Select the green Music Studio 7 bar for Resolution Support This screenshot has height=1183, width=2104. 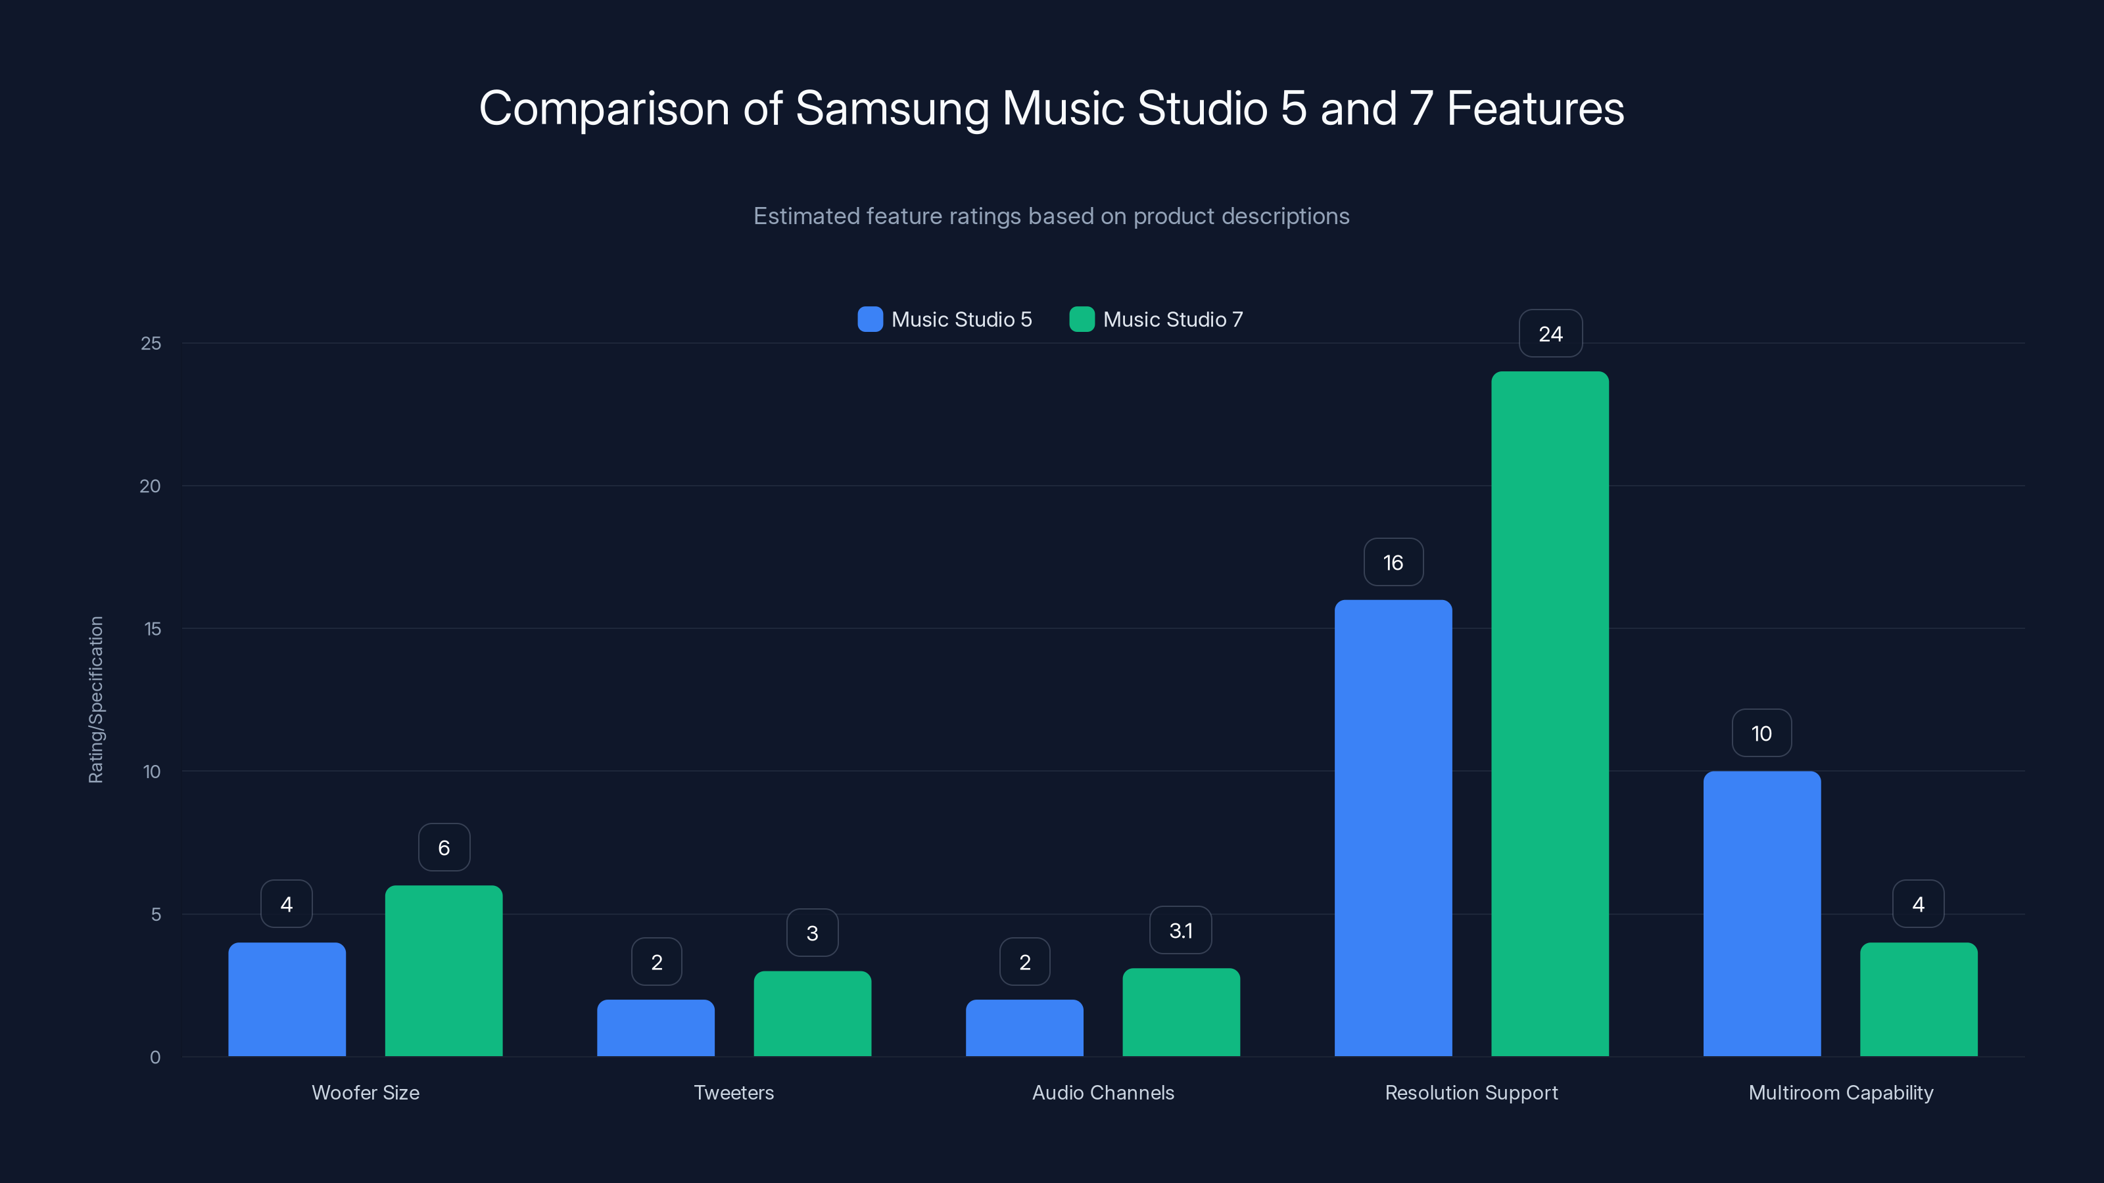coord(1550,714)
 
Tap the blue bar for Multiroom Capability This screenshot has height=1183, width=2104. coord(1762,914)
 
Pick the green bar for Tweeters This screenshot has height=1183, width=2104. coord(812,1013)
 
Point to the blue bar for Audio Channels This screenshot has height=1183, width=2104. coord(1024,1028)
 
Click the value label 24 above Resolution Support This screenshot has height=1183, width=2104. coord(1550,334)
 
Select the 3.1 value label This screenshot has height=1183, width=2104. coord(1180,931)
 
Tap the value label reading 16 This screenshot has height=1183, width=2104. coord(1393,563)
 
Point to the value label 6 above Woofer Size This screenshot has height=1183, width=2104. coord(444,847)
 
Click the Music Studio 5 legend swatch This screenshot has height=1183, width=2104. coord(870,319)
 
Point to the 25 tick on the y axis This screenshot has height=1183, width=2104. coord(151,344)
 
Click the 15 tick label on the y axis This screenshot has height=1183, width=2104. coord(152,629)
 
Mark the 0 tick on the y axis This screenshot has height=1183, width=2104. coord(155,1057)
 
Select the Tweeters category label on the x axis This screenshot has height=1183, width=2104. coord(734,1092)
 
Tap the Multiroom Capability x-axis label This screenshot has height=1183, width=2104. coord(1840,1092)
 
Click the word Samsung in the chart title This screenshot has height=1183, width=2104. coord(892,108)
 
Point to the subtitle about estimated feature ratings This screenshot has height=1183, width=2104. coord(1051,216)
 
